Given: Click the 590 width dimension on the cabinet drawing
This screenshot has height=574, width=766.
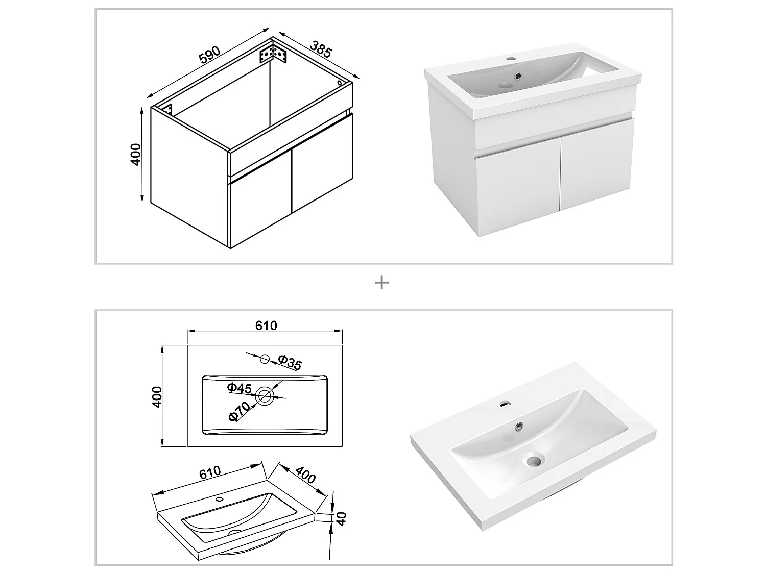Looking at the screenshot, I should coord(209,56).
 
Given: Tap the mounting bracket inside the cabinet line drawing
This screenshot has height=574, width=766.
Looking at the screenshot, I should coord(273,54).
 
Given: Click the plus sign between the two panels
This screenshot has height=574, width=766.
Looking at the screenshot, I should coord(382,283).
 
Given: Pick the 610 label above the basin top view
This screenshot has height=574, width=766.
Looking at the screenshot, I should coord(266,326).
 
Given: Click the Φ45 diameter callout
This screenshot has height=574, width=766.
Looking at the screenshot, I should coord(240,389).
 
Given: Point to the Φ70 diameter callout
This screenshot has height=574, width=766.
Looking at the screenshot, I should coord(240,411).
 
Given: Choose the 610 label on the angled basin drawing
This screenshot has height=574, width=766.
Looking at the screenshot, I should coord(209,472).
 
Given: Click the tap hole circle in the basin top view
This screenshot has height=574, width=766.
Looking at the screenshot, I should coord(265,359).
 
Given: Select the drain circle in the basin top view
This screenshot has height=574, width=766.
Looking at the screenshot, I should coord(265,396).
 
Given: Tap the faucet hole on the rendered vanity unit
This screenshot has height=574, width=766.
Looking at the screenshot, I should coord(511,59).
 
